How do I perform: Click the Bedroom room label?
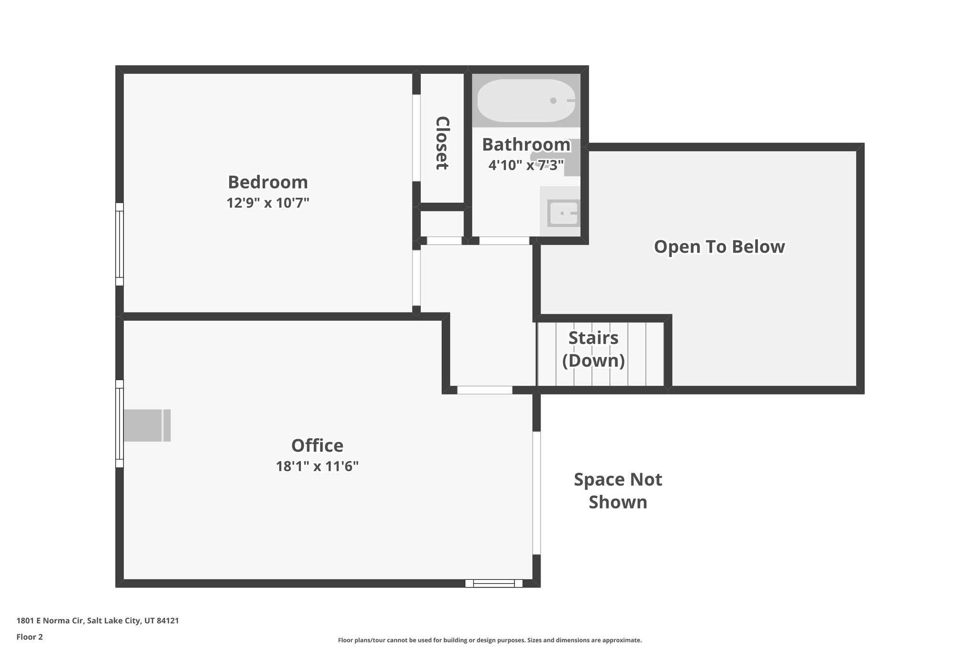267,182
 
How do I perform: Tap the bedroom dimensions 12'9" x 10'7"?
267,203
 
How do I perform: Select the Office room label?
317,445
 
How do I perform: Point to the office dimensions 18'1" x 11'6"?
317,466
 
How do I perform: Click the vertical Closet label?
442,143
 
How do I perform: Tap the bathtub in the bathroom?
526,100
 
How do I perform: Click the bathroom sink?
564,213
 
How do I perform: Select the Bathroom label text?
525,144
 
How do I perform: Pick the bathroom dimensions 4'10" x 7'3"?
525,165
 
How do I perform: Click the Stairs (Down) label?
593,349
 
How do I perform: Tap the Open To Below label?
719,246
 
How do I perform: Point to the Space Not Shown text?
618,490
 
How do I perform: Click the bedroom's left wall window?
120,244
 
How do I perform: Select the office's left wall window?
120,423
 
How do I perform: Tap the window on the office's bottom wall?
493,583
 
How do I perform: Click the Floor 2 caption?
30,637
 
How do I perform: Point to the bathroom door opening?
504,241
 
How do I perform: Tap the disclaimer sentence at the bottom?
490,640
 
